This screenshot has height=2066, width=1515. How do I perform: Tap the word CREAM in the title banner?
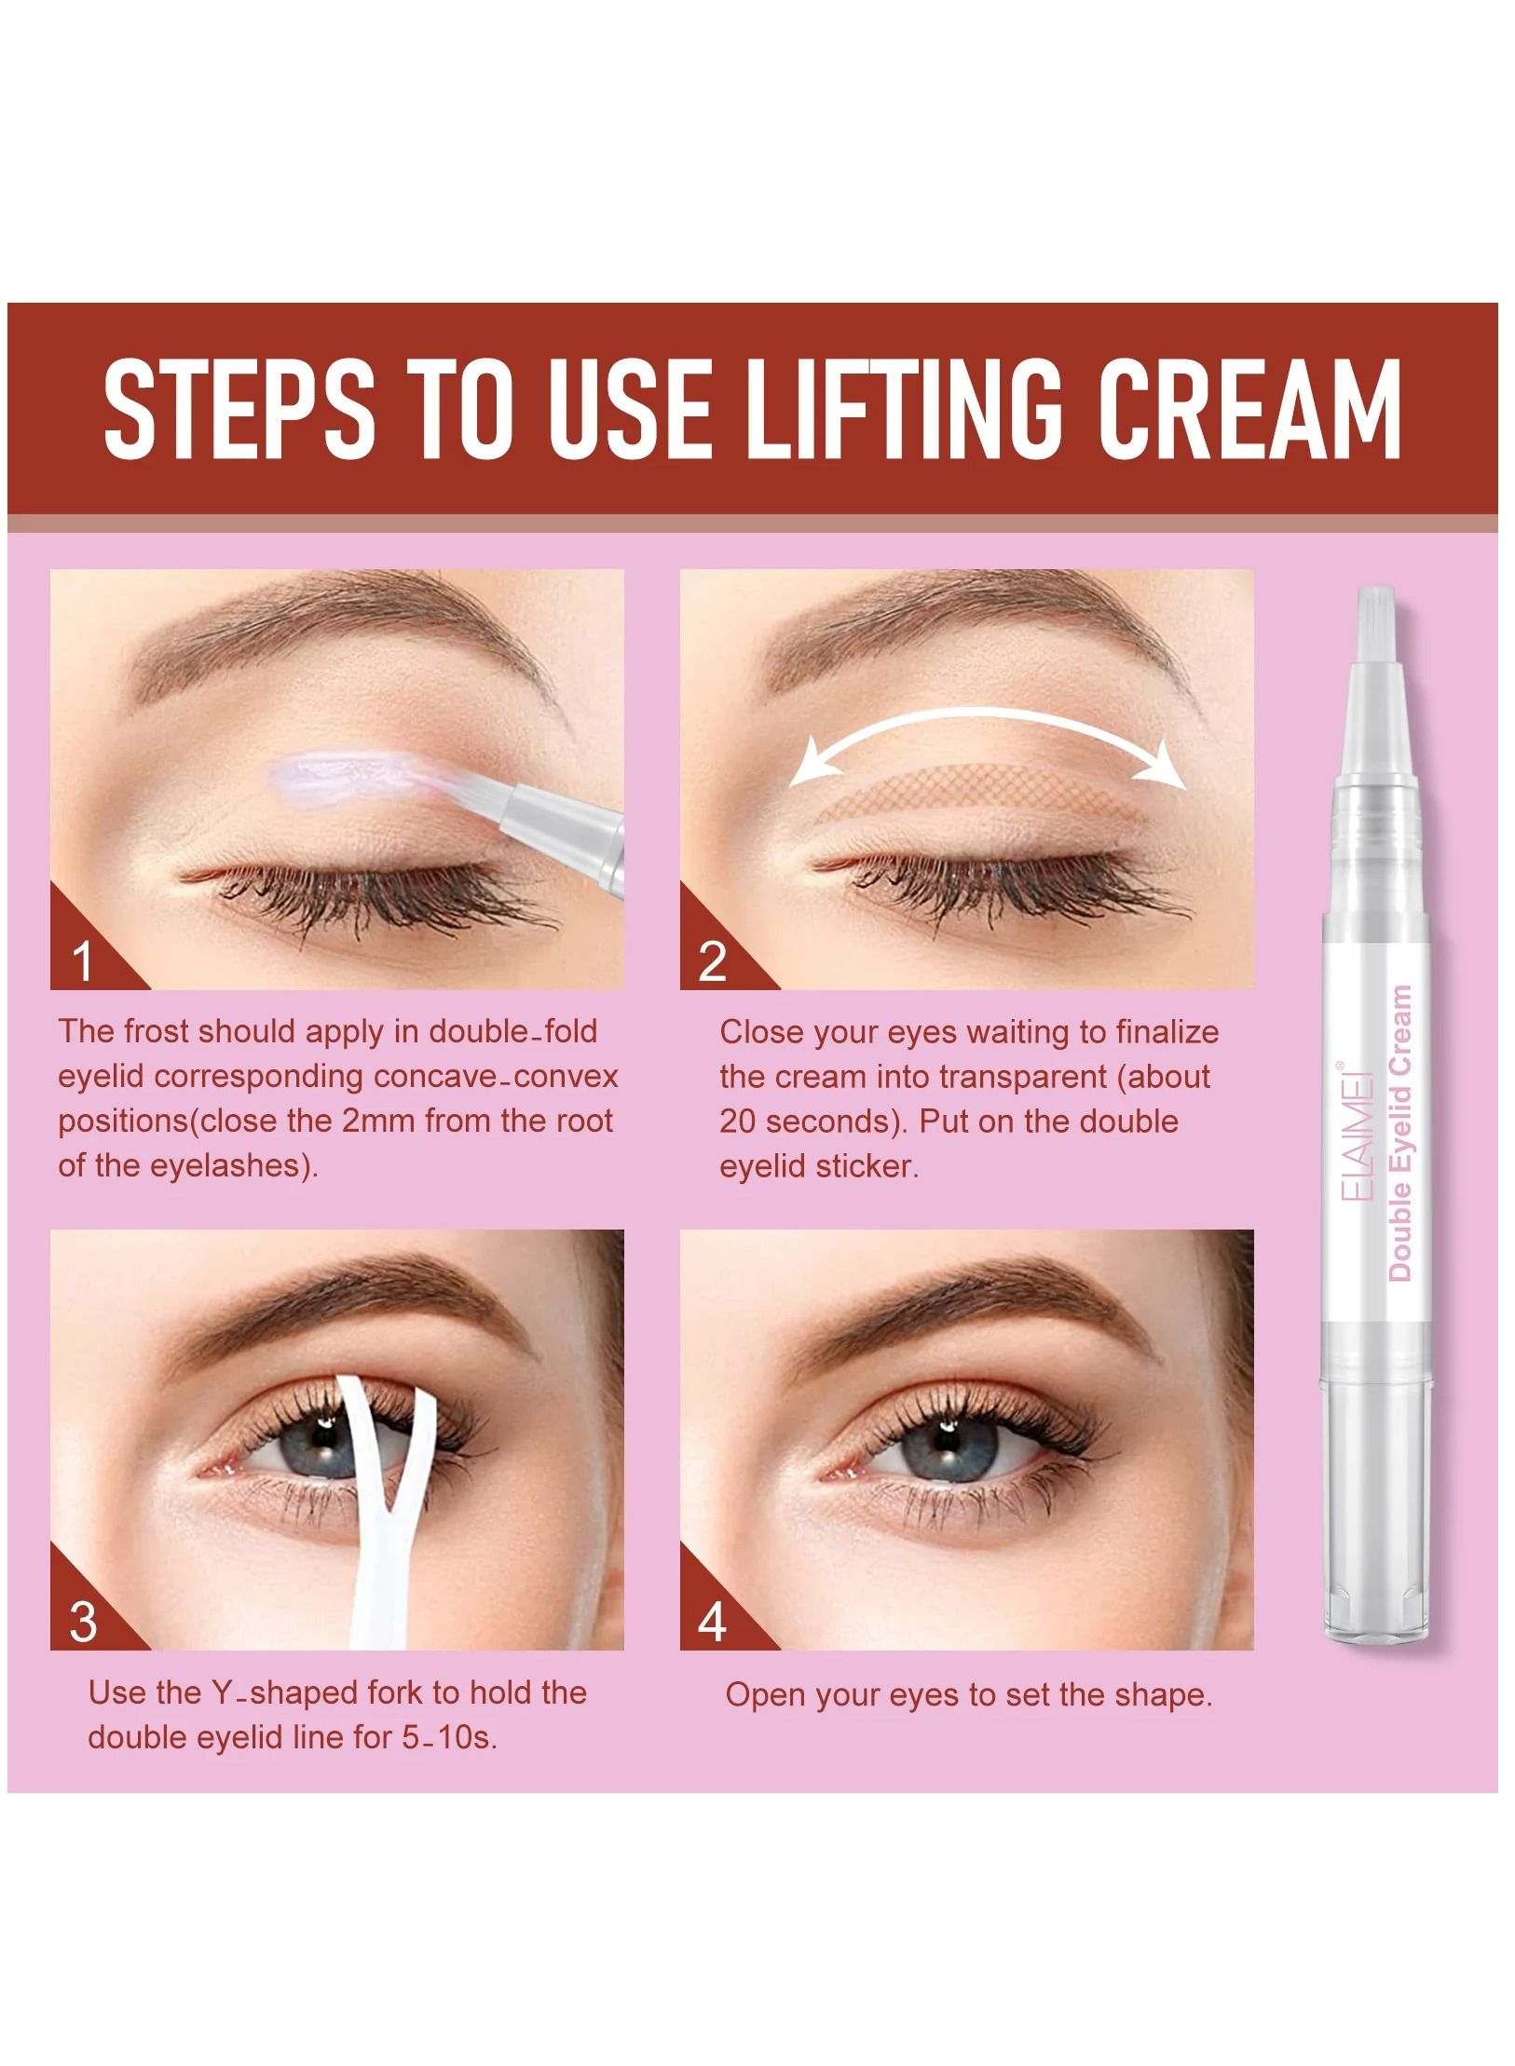(1249, 409)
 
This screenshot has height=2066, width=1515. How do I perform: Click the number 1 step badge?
(84, 960)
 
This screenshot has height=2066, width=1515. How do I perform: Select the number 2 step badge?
(713, 960)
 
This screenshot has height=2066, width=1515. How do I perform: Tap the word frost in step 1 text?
(160, 1032)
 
